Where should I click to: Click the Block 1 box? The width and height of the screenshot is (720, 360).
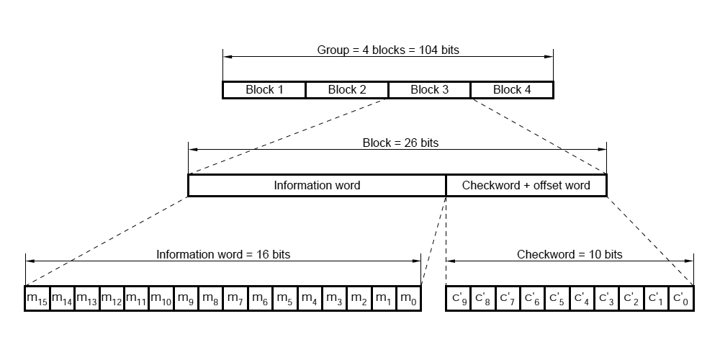click(x=264, y=90)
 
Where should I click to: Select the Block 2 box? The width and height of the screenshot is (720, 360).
click(x=347, y=90)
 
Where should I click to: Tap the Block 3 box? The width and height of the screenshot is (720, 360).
click(x=429, y=90)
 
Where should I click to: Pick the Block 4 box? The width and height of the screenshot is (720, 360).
click(x=512, y=90)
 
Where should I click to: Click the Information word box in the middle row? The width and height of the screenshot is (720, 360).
click(x=317, y=186)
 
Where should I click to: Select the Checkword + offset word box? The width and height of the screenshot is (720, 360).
click(x=526, y=186)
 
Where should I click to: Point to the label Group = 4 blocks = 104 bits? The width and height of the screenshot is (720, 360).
click(x=388, y=50)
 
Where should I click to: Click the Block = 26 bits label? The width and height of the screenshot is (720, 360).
click(x=400, y=143)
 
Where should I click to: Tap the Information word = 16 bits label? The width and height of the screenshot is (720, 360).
click(x=223, y=254)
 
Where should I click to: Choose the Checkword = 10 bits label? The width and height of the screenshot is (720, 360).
click(x=570, y=254)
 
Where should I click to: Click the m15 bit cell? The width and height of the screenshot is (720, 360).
click(x=37, y=298)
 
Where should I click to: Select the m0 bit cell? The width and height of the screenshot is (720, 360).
click(x=408, y=298)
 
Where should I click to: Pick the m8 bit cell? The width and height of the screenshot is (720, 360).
click(x=210, y=298)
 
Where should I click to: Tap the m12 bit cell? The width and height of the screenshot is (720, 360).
click(x=112, y=298)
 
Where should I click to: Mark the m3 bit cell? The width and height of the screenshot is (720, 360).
click(x=334, y=298)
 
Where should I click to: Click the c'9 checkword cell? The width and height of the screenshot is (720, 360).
click(x=459, y=298)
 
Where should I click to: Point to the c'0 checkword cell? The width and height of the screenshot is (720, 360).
click(x=682, y=298)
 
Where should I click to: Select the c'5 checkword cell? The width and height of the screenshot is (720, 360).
click(x=558, y=298)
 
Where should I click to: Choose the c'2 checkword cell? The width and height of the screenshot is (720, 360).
click(x=632, y=298)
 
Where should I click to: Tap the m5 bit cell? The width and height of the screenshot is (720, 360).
click(x=284, y=298)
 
